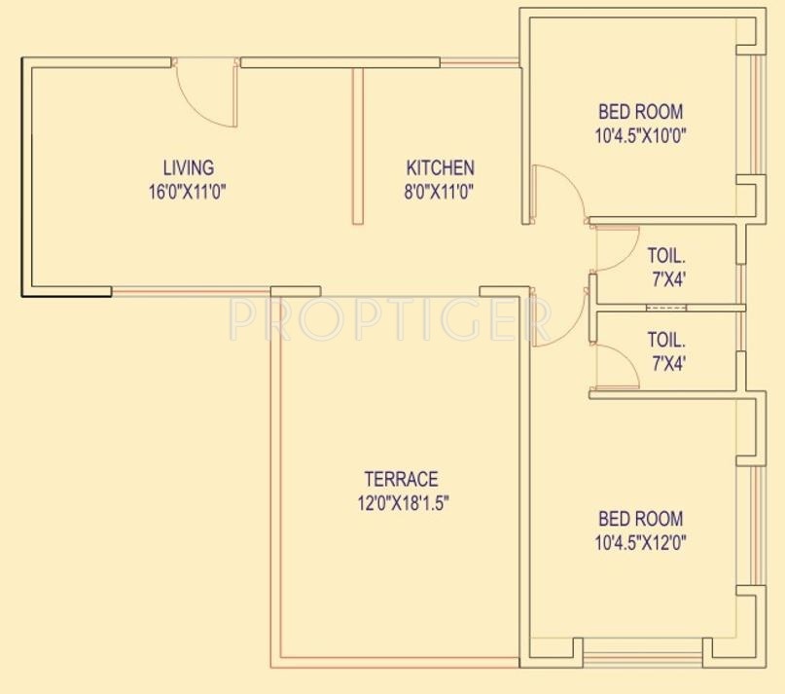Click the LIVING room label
[x=188, y=167]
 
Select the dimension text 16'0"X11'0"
[x=188, y=192]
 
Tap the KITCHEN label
[x=440, y=167]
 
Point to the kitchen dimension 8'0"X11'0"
[x=440, y=192]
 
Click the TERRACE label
[x=401, y=479]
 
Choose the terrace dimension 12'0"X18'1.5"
[x=401, y=503]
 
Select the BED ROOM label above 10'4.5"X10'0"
[x=639, y=112]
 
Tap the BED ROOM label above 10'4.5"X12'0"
[x=639, y=519]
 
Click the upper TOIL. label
[x=667, y=257]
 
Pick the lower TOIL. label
[x=667, y=341]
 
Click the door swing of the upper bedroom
[x=558, y=192]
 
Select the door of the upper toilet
[x=611, y=250]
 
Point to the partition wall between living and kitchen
[x=358, y=146]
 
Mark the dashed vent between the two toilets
[x=666, y=309]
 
